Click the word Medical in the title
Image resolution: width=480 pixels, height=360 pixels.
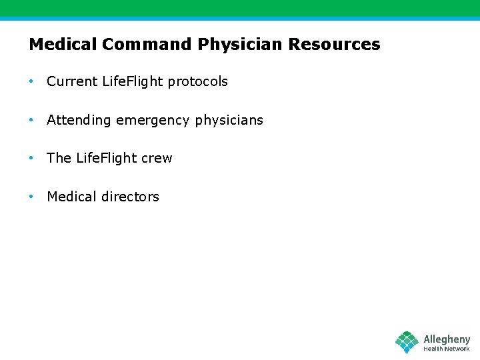coord(63,45)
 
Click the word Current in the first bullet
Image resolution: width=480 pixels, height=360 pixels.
coord(72,81)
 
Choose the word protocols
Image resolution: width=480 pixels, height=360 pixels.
coord(198,81)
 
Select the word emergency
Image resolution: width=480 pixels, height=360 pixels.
coord(153,121)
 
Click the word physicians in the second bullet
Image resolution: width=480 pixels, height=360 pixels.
coord(229,121)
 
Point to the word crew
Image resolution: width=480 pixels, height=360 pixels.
coord(157,158)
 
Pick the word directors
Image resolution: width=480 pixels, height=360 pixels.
coord(131,197)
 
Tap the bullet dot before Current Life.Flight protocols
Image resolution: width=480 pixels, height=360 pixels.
coord(31,81)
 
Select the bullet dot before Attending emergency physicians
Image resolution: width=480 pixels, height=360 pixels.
coord(31,120)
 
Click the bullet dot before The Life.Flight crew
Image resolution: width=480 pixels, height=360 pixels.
coord(31,158)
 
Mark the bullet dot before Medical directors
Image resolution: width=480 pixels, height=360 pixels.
coord(31,197)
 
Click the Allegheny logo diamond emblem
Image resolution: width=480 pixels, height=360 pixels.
coord(407,342)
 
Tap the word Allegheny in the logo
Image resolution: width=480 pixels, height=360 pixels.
coord(447,339)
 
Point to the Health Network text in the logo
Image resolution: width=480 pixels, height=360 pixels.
coord(447,349)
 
